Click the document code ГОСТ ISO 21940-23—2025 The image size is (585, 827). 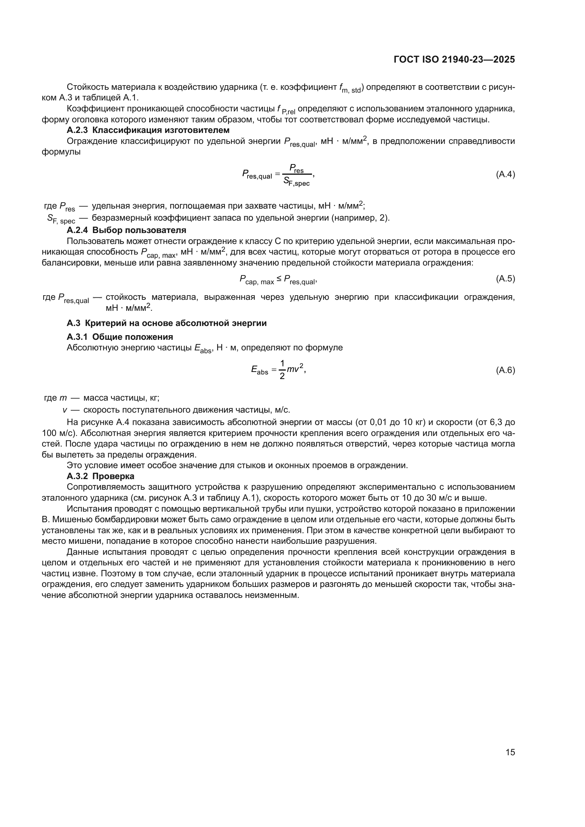454,60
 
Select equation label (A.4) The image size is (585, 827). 505,175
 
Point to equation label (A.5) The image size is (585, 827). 505,278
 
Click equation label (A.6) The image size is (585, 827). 505,370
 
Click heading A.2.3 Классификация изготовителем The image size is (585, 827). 148,130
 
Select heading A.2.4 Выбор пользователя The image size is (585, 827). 126,230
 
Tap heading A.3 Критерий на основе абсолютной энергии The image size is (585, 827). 167,323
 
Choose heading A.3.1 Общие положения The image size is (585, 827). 120,337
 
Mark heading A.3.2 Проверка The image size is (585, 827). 100,476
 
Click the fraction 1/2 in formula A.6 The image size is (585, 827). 282,370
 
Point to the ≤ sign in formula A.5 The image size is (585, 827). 279,278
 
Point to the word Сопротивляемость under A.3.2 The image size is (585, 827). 102,487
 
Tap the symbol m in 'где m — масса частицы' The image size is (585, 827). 63,398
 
